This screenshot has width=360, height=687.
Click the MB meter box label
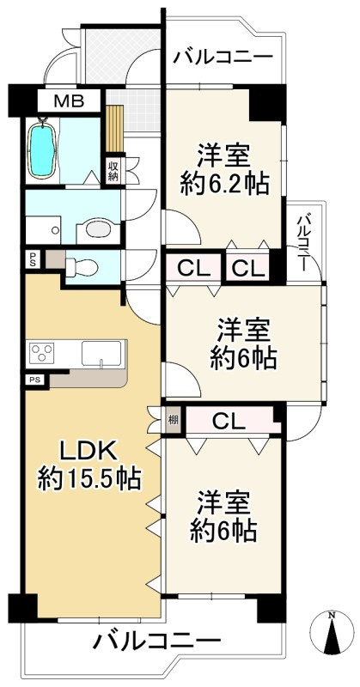tap(69, 101)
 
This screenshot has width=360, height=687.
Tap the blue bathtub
tap(41, 149)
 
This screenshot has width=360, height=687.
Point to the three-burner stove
tap(41, 352)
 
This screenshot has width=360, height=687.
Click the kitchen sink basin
tap(103, 353)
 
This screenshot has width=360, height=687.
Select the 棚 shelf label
tap(174, 419)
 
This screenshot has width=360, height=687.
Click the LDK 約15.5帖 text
tap(89, 465)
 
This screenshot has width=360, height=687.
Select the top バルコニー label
tap(223, 57)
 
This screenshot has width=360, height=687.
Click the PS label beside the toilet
tap(33, 258)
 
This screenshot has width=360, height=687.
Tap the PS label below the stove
tap(35, 380)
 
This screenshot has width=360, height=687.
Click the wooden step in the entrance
tap(114, 128)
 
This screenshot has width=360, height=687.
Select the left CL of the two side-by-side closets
tap(193, 267)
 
